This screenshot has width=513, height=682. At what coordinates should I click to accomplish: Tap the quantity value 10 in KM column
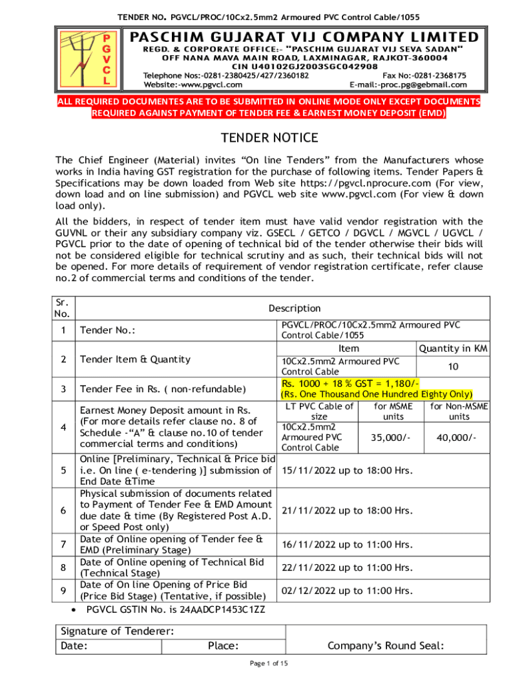click(453, 366)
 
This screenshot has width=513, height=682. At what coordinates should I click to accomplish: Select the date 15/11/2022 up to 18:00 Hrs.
click(347, 470)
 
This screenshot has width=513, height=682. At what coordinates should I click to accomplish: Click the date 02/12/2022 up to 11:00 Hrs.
click(347, 590)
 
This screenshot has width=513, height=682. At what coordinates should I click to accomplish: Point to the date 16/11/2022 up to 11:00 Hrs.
click(347, 545)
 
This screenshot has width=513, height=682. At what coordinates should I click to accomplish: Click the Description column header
click(294, 308)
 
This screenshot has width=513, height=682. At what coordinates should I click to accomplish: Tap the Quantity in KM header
click(453, 348)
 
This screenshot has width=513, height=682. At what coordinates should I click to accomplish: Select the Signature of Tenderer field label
click(117, 631)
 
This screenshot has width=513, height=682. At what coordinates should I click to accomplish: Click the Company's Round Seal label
click(386, 645)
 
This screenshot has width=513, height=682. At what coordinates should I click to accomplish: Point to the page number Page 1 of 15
click(268, 663)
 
